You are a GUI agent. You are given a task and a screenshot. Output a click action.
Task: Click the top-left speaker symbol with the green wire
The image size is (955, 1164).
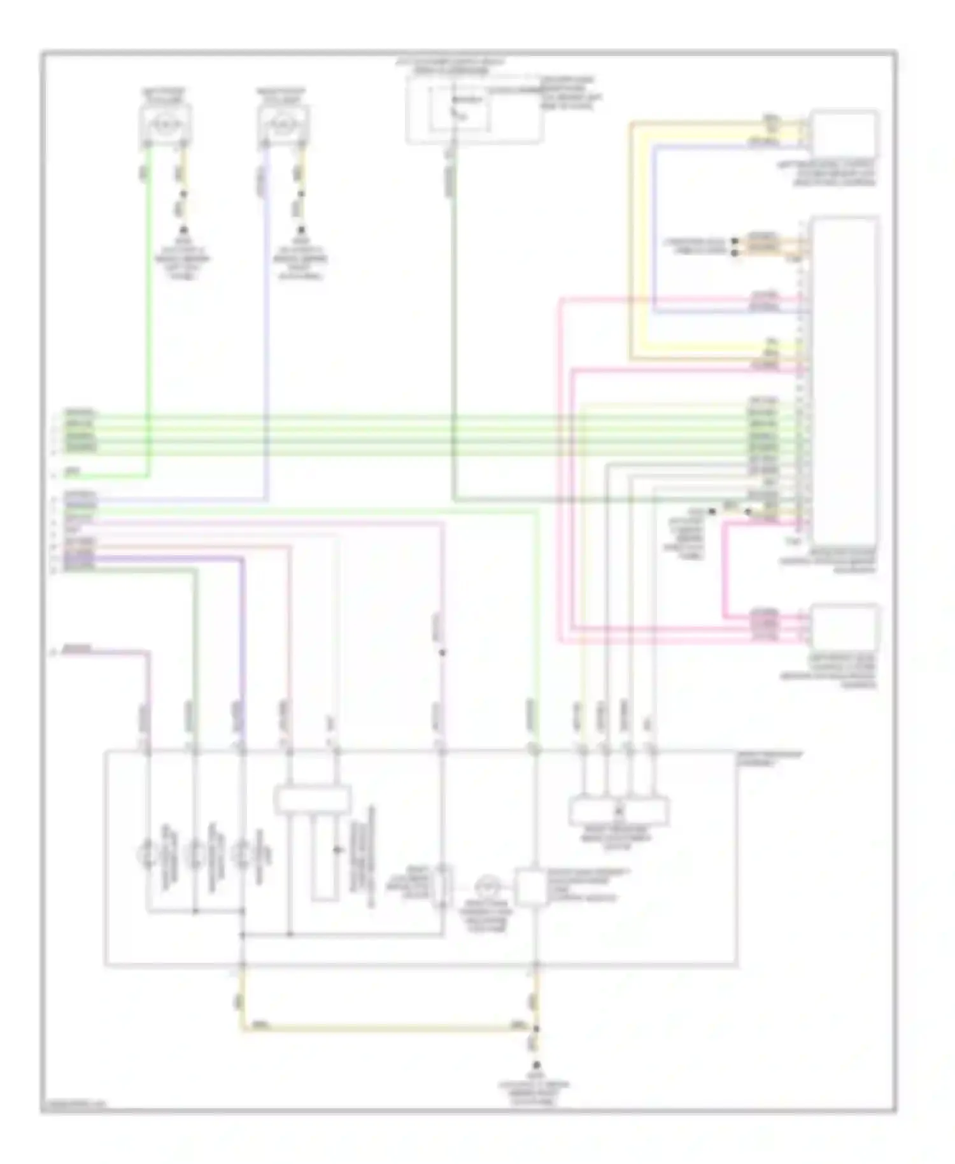pyautogui.click(x=165, y=122)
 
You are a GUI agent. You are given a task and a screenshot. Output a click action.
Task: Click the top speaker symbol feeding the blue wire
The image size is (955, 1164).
pyautogui.click(x=283, y=122)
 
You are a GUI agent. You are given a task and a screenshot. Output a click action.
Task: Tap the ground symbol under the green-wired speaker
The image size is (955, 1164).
pyautogui.click(x=183, y=231)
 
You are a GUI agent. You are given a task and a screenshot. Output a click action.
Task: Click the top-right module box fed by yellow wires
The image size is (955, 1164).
pyautogui.click(x=844, y=134)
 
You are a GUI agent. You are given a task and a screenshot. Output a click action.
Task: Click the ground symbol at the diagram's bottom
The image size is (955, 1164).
pyautogui.click(x=535, y=1065)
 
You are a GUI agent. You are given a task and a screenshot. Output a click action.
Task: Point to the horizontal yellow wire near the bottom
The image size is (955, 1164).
pyautogui.click(x=382, y=1028)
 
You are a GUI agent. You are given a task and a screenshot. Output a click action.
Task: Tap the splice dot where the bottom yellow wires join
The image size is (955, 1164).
pyautogui.click(x=535, y=1028)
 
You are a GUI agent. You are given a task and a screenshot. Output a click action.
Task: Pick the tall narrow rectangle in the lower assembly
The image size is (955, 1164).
pyautogui.click(x=323, y=858)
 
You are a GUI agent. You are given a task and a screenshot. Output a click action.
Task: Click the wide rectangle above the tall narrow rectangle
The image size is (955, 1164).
pyautogui.click(x=312, y=799)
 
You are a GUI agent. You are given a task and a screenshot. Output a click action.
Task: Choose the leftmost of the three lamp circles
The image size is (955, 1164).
pyautogui.click(x=148, y=854)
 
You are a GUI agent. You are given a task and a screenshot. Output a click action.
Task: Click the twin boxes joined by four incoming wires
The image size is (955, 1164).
pyautogui.click(x=618, y=811)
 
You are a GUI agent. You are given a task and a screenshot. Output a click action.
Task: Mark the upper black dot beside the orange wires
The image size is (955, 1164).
pyautogui.click(x=735, y=241)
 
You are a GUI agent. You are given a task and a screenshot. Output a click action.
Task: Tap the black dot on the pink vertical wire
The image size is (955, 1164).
pyautogui.click(x=442, y=652)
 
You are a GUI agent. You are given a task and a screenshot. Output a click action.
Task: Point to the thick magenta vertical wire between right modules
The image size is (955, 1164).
pyautogui.click(x=724, y=567)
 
